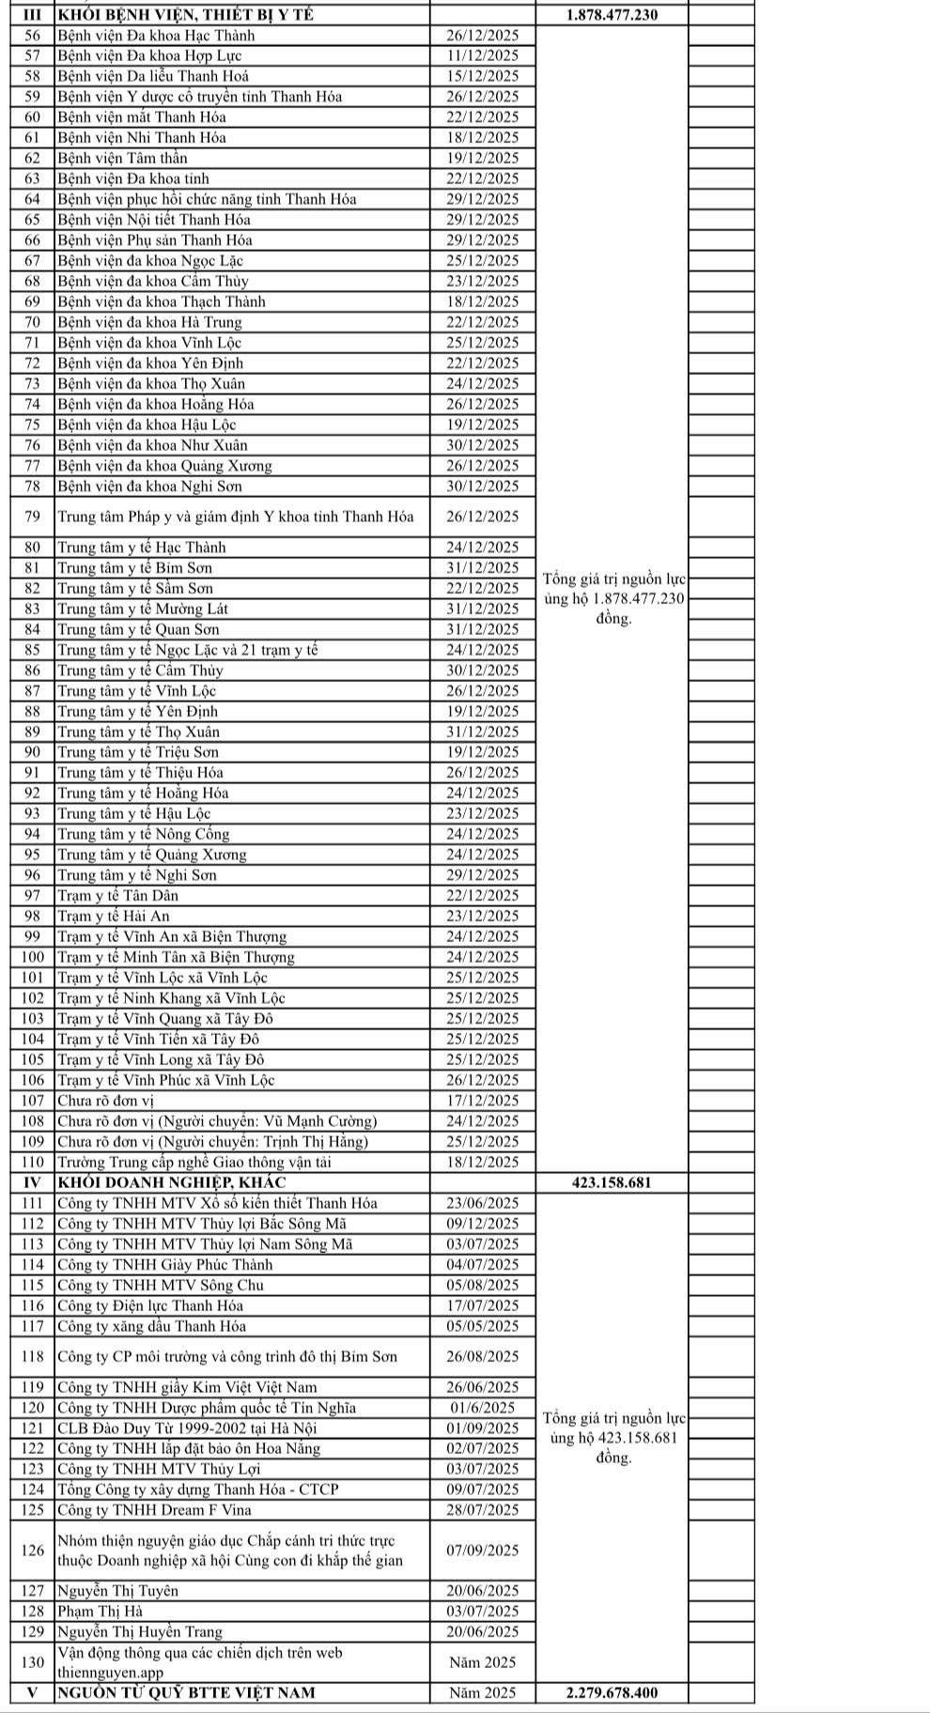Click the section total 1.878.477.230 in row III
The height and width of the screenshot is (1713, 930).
point(613,15)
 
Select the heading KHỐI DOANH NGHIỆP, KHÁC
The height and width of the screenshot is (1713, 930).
point(172,1182)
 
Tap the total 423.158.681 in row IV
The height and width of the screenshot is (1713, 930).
point(612,1182)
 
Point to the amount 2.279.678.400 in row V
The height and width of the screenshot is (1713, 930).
point(612,1692)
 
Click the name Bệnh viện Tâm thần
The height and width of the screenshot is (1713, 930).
point(122,158)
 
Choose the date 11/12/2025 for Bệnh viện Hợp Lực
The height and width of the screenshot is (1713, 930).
point(483,55)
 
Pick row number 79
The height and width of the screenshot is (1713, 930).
point(32,517)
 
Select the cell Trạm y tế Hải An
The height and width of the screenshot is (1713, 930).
point(114,916)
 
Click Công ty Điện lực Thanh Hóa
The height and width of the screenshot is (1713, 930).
point(150,1305)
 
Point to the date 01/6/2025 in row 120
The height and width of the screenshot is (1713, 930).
point(483,1408)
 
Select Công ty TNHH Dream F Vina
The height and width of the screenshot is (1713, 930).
point(154,1510)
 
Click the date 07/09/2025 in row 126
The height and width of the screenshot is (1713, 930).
point(483,1551)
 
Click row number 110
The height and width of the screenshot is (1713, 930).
point(32,1162)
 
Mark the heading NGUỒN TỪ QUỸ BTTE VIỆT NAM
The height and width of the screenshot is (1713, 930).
point(186,1692)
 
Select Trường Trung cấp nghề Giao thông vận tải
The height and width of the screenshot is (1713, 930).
point(194,1162)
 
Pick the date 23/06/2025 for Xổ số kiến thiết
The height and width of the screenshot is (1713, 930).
point(483,1203)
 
